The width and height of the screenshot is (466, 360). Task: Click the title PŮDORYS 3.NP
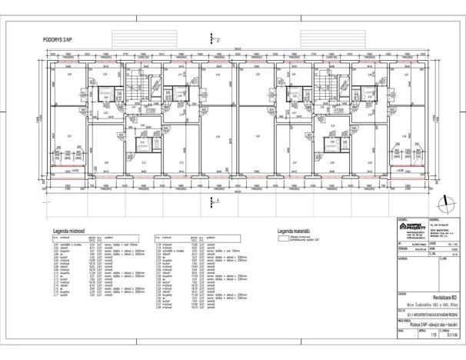click(58, 37)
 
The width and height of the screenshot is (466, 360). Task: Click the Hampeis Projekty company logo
click(411, 228)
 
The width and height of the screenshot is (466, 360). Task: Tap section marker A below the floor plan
click(214, 200)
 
